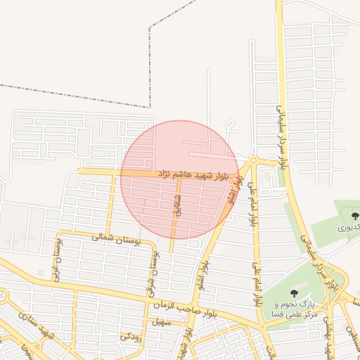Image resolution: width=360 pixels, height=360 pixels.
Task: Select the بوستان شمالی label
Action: point(116,239)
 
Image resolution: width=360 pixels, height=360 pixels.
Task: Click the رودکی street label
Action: point(131,335)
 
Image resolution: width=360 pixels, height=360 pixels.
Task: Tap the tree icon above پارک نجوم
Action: point(294,292)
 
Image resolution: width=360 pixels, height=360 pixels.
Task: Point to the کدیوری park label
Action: point(350,227)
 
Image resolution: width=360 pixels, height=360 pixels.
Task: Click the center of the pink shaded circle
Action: point(179,179)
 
